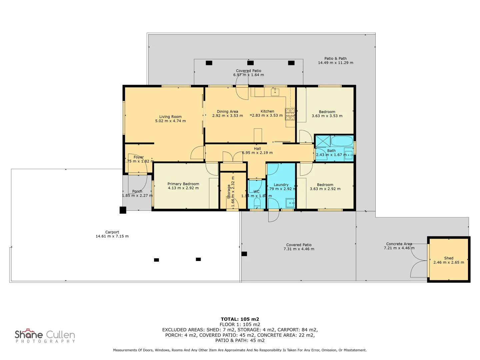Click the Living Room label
170,117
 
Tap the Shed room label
449,258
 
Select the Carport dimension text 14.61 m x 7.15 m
112,236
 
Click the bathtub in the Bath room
342,141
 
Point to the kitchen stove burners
290,114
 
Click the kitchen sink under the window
275,92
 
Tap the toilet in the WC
257,202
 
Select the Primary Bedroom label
183,184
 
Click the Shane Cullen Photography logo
45,336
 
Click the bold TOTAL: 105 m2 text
240,319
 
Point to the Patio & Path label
335,58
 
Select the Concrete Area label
399,244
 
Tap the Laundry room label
281,185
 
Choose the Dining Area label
227,112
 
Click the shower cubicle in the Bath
323,141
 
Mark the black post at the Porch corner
123,210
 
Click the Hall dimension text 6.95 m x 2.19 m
257,153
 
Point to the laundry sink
290,202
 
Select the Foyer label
139,157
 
